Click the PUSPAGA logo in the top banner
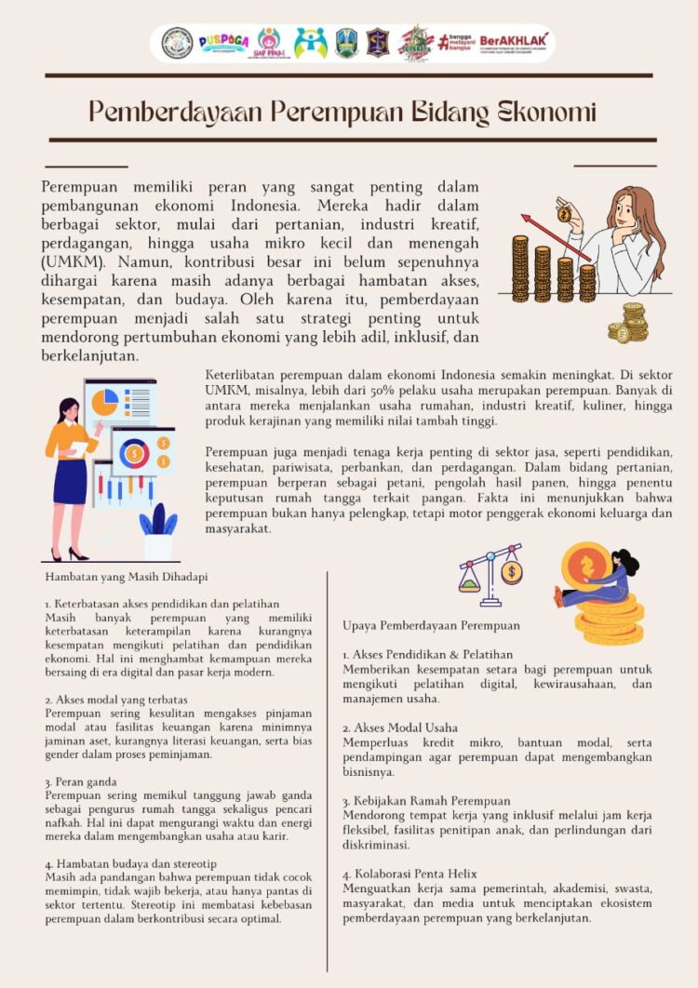(x=223, y=43)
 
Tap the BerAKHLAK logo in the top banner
(x=515, y=42)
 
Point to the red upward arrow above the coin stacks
(x=554, y=237)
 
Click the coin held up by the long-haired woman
(x=564, y=214)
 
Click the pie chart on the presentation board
(x=104, y=402)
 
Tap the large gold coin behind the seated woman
(x=586, y=565)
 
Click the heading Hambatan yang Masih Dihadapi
(x=127, y=577)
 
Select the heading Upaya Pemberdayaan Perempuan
(x=431, y=625)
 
